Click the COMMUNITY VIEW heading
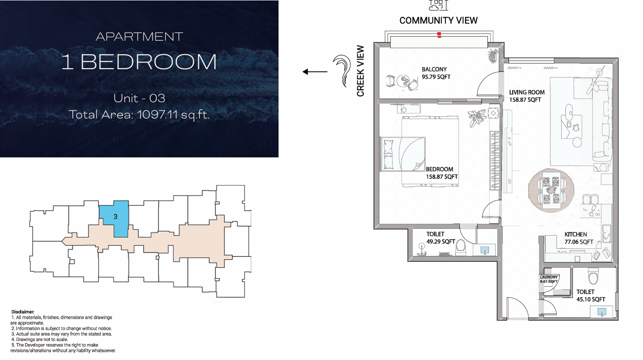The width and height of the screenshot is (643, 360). [438, 20]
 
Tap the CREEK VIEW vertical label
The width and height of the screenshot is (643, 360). [360, 71]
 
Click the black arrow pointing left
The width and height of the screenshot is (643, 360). [315, 71]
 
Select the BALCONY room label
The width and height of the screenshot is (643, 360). [434, 69]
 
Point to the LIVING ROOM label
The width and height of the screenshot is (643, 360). [527, 92]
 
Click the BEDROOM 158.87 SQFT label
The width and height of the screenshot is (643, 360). [441, 173]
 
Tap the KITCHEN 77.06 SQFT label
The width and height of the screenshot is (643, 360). [579, 238]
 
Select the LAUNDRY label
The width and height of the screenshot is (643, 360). [548, 277]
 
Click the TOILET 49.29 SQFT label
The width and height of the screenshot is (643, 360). [440, 238]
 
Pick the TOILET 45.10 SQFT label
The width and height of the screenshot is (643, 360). [591, 295]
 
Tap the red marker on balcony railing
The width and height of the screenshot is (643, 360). [439, 35]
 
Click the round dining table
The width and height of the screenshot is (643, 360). [551, 190]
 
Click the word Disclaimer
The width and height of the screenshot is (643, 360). [23, 312]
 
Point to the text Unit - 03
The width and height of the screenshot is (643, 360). [139, 98]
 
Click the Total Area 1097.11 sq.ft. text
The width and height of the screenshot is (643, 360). [139, 114]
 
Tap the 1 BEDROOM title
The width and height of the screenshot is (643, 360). [139, 62]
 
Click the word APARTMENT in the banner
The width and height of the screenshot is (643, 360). [139, 37]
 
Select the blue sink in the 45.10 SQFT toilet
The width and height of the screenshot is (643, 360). [602, 312]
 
